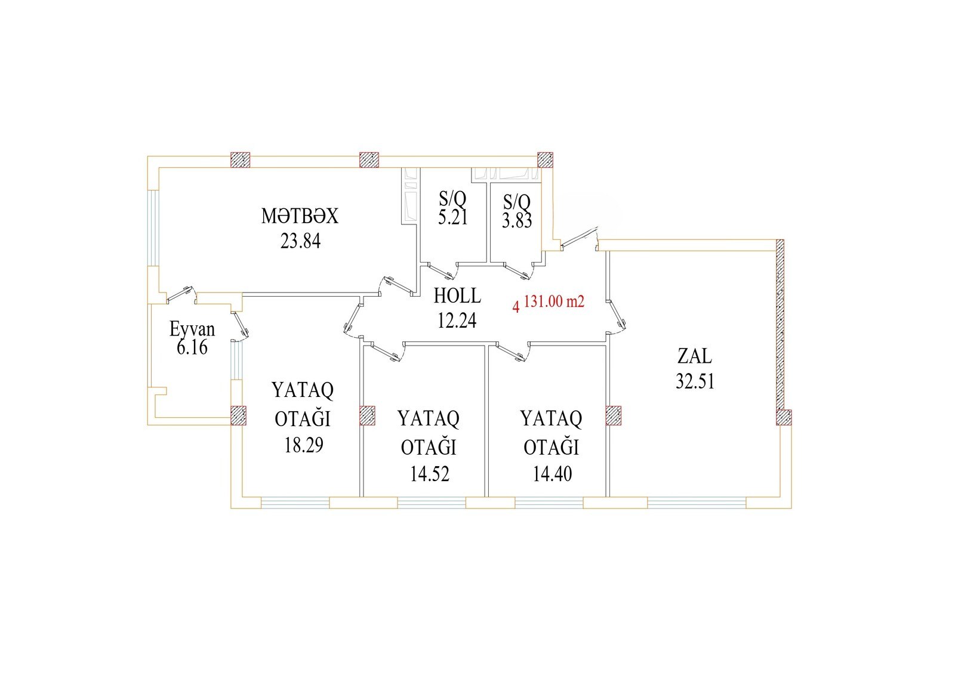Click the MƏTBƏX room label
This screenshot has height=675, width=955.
coord(300,216)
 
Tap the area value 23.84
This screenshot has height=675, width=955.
coord(300,241)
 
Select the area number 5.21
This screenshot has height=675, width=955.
coord(453,217)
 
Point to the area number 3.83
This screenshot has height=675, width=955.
coord(517,221)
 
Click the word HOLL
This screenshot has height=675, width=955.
coord(457,295)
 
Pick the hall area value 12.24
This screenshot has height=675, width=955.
coord(457,320)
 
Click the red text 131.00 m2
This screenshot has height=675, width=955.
coord(554,301)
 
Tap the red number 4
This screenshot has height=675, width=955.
coord(516,307)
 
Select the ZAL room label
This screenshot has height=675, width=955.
coord(695,356)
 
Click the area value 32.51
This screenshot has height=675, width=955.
coord(695,381)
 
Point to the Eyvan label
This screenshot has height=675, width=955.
coord(192,329)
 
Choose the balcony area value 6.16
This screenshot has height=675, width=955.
coord(192,347)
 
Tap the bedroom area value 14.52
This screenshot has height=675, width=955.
coord(429,474)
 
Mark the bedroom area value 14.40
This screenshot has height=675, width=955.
coord(552,474)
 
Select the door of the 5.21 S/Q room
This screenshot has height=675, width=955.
coord(442,271)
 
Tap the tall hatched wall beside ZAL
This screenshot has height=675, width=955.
coord(780,325)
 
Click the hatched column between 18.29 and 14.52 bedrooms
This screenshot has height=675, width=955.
coord(367,415)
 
